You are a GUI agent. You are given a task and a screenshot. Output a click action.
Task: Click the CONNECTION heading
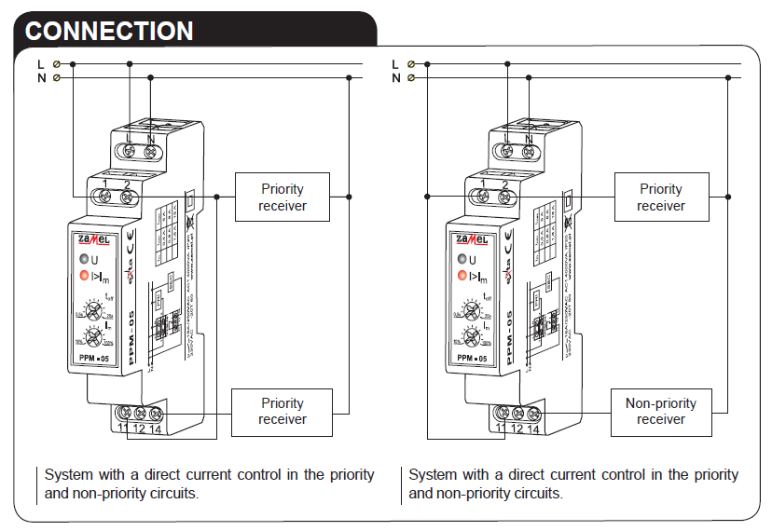[109, 30]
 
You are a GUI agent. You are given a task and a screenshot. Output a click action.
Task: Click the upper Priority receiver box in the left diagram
[283, 197]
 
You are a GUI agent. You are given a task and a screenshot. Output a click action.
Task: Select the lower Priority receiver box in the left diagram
[283, 412]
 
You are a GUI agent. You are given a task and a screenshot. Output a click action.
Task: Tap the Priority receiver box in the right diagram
[661, 197]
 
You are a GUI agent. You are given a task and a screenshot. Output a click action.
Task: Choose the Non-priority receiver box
[661, 412]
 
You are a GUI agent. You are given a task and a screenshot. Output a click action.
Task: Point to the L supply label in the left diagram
[41, 63]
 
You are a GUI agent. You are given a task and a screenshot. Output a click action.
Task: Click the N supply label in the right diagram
[396, 78]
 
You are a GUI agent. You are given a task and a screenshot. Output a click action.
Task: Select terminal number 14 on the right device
[534, 429]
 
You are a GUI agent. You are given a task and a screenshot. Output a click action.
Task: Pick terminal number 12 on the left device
[140, 429]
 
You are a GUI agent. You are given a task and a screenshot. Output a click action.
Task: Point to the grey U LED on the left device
[83, 260]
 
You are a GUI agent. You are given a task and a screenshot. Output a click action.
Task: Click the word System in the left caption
[68, 474]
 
